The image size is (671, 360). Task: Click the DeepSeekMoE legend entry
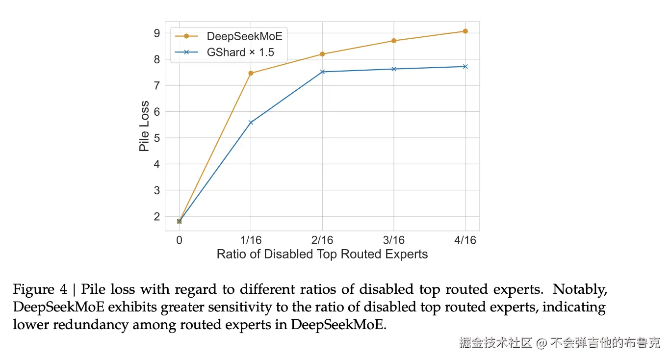coord(244,36)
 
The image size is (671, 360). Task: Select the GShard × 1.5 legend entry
coord(240,52)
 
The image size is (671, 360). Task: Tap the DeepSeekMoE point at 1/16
coord(251,73)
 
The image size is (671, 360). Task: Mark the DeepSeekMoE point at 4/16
coord(465,31)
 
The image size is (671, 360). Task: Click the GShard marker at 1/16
coord(251,122)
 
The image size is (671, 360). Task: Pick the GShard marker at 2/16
coord(322,72)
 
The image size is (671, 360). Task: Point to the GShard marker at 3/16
coord(394,69)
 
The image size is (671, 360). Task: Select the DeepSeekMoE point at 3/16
coord(394,41)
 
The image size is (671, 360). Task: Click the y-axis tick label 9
coord(156,33)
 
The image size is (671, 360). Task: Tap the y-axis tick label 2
coord(156,216)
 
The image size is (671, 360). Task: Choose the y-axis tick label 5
coord(156,138)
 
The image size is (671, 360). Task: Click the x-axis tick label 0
coord(179,240)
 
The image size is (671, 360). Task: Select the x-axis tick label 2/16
coord(322,240)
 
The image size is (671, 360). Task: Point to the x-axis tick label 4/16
coord(465,240)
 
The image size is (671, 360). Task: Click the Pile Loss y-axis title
coord(144,126)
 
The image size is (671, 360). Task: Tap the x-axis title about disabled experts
coord(322,254)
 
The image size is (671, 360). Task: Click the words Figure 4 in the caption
coord(40,289)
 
